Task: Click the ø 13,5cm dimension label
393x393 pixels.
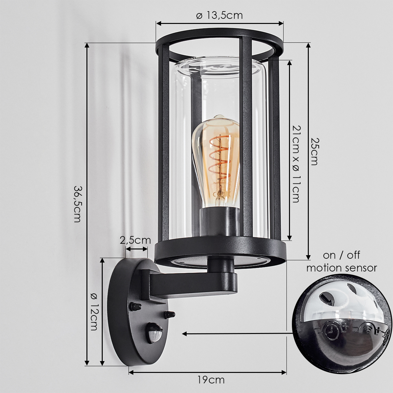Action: tap(219, 15)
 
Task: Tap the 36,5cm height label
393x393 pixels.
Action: tap(78, 204)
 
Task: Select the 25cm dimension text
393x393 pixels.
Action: tap(314, 152)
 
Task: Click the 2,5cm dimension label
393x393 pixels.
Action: tap(135, 240)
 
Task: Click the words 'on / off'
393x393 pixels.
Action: tap(341, 255)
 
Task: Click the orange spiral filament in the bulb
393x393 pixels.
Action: tap(220, 161)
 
